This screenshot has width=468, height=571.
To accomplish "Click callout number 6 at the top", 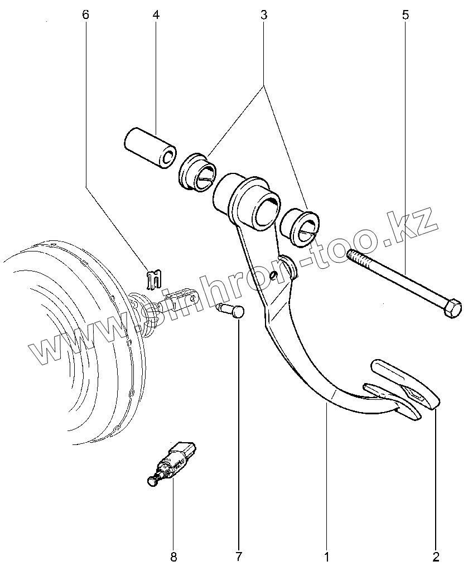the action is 85,15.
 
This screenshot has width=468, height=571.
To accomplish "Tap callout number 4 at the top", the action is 156,15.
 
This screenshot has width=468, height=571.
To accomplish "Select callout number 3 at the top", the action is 263,15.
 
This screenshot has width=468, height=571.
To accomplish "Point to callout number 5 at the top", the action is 405,15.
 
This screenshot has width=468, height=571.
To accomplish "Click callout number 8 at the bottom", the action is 173,556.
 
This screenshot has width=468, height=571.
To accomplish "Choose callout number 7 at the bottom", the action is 238,556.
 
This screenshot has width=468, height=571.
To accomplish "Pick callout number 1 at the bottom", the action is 326,556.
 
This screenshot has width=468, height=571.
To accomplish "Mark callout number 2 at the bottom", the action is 436,556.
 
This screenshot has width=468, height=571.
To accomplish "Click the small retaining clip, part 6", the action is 153,278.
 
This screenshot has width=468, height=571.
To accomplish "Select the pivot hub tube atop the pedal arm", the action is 248,202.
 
